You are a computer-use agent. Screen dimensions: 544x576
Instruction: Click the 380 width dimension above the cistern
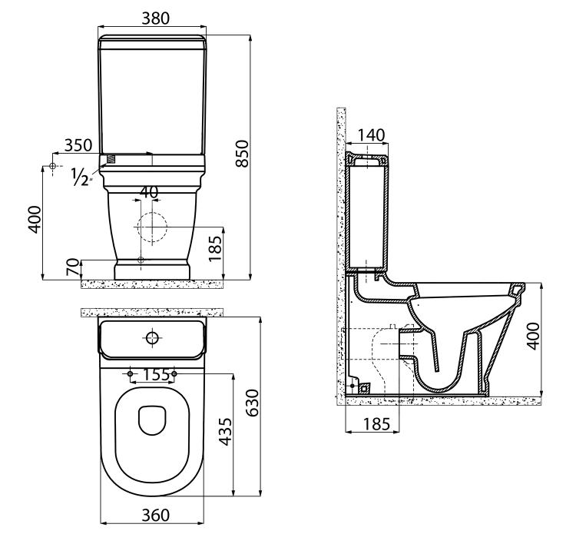[152, 17]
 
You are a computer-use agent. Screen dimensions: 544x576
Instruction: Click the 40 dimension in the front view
[150, 191]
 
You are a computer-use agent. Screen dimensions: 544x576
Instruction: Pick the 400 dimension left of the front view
[31, 221]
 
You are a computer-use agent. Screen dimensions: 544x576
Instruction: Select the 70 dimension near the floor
[73, 268]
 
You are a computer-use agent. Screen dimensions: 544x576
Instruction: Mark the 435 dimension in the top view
[223, 435]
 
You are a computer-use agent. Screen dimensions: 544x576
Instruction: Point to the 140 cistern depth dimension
[370, 134]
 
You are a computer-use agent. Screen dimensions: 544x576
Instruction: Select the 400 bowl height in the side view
[534, 336]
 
